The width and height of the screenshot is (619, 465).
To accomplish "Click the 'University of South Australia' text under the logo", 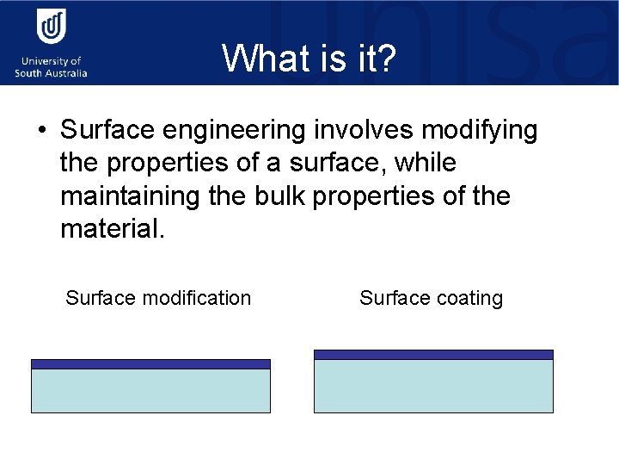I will [x=51, y=67].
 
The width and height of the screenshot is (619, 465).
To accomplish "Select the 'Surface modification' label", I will [x=158, y=298].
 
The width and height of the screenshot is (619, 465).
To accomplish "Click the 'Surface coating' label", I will [x=431, y=298].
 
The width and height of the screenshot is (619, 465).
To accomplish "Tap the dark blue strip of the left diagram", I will [x=150, y=364].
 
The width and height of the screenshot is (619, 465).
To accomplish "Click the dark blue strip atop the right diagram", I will [x=433, y=354].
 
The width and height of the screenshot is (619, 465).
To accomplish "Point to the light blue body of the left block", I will [x=150, y=391].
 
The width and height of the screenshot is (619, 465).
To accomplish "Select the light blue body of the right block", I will [x=433, y=386].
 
